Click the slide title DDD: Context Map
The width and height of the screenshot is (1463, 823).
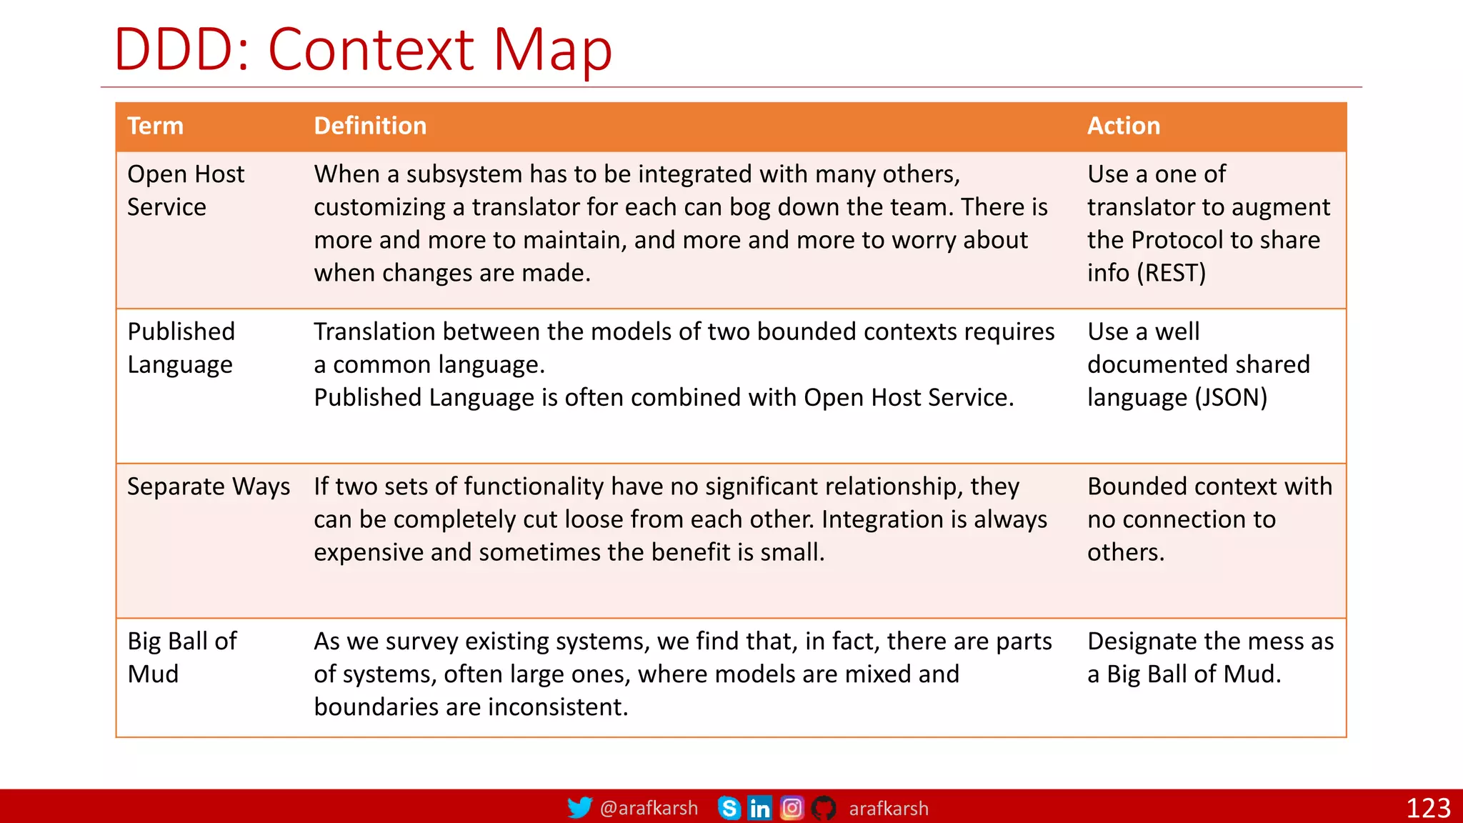[363, 50]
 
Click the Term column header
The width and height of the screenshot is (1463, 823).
[155, 126]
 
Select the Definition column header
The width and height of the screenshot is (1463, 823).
[370, 126]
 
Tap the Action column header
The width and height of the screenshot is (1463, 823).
[1123, 126]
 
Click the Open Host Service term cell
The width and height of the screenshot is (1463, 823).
[186, 190]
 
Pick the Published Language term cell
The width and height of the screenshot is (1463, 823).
[181, 348]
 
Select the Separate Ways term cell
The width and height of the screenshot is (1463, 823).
[209, 487]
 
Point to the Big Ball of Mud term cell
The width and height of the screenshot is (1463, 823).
[181, 657]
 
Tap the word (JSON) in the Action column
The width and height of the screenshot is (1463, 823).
[1231, 398]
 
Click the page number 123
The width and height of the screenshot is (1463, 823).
[1427, 808]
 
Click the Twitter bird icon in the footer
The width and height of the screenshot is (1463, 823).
[579, 808]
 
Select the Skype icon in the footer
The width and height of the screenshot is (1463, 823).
[729, 808]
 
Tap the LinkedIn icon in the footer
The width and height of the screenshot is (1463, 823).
[760, 808]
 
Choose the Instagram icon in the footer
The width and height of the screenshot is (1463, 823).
[792, 808]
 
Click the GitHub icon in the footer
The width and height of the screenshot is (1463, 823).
[824, 808]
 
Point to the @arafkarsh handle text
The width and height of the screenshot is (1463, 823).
[649, 808]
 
